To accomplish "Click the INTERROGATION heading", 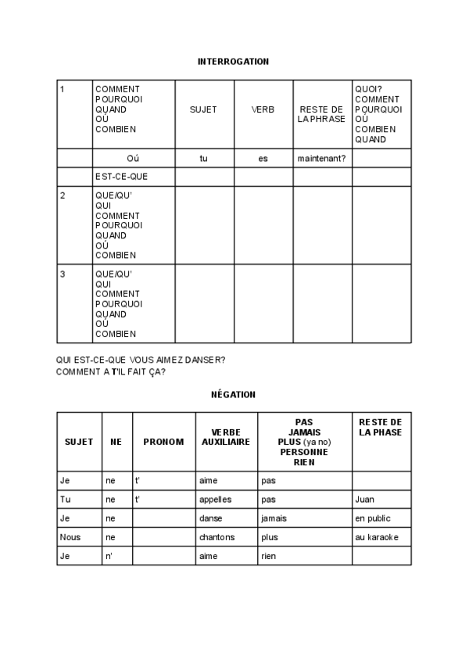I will click(233, 60).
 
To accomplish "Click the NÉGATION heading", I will click(233, 394).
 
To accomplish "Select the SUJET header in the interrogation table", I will click(203, 109).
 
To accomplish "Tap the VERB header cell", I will click(263, 109).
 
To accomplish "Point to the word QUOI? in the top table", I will click(367, 89).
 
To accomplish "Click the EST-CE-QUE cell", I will click(121, 177).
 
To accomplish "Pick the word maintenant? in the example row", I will click(322, 158).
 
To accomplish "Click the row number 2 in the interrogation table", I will click(63, 195).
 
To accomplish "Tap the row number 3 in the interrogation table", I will click(63, 274).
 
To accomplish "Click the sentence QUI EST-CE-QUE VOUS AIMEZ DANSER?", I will click(141, 360).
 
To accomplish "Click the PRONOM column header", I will click(163, 442).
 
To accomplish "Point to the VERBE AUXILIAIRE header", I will click(226, 437).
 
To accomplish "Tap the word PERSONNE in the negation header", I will click(304, 452).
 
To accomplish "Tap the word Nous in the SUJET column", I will click(70, 537).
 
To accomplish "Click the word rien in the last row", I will click(269, 556).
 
